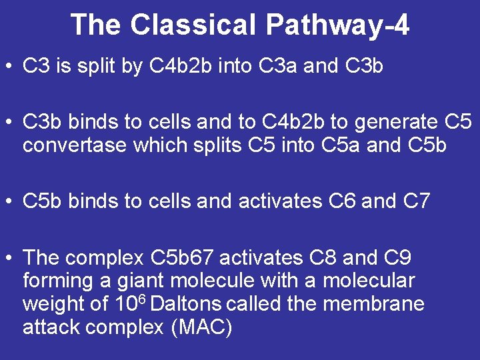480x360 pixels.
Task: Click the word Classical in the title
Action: click(x=193, y=25)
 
